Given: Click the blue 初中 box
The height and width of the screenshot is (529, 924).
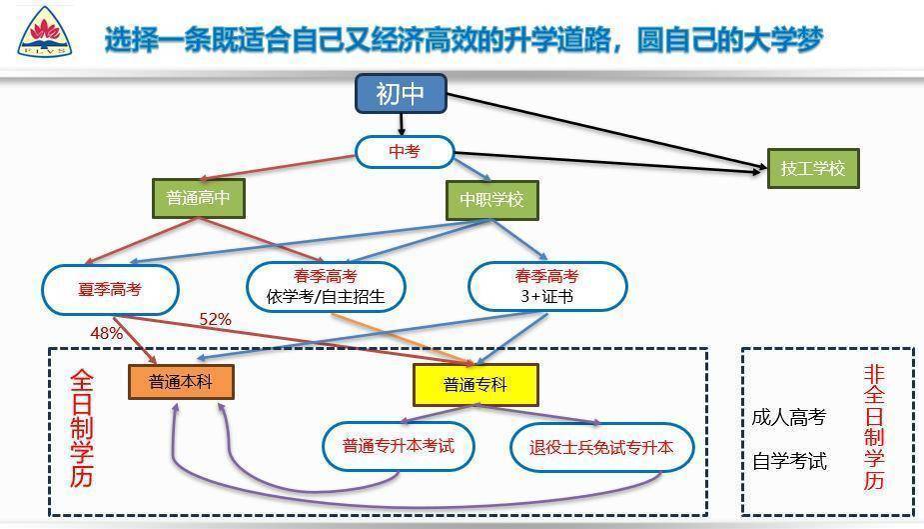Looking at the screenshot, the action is (x=401, y=93).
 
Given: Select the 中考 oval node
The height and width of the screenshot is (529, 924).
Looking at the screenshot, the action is (x=405, y=152).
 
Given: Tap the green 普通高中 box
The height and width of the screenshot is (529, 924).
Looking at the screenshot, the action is (x=199, y=198).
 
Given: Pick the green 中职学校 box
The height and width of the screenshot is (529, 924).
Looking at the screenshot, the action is (x=492, y=200).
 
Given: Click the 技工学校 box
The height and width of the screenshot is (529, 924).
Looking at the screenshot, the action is (x=813, y=169).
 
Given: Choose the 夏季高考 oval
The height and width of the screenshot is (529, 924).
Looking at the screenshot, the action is (x=110, y=289).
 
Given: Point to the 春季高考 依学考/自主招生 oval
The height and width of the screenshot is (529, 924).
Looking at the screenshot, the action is (x=326, y=287).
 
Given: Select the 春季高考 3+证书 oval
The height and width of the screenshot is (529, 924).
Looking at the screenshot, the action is (x=547, y=286).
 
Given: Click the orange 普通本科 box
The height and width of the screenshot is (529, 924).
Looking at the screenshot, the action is (x=181, y=382).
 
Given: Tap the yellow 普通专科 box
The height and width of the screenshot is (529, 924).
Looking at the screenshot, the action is (x=475, y=385).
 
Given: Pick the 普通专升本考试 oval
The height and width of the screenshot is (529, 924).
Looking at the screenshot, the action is (x=399, y=446).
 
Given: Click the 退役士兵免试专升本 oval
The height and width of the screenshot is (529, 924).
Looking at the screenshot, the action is (x=601, y=448).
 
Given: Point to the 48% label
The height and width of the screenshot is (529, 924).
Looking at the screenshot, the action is (x=107, y=333).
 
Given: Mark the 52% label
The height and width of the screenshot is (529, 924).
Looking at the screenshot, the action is (x=215, y=320).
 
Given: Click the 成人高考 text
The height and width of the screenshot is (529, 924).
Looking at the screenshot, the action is (x=789, y=418).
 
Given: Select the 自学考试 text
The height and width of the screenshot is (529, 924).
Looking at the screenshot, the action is (x=789, y=461).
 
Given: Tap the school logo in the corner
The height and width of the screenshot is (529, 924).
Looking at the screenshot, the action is (x=45, y=32).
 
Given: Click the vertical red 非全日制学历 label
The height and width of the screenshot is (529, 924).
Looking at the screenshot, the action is (x=874, y=427).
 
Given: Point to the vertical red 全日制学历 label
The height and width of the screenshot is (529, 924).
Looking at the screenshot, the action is (x=82, y=429).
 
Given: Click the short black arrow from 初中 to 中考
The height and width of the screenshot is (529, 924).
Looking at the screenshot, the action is (x=402, y=124).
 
